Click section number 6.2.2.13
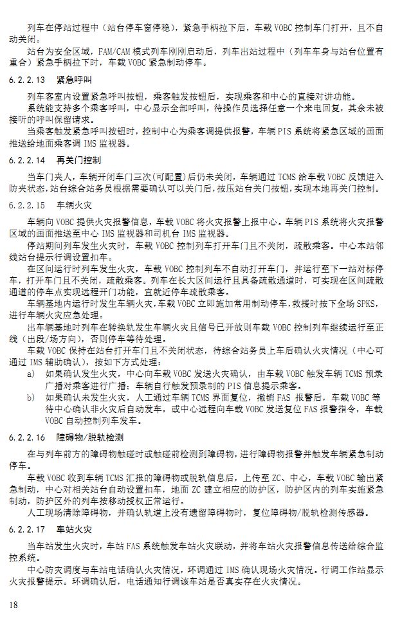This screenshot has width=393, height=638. tap(28, 81)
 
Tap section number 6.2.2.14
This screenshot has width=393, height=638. tap(28, 159)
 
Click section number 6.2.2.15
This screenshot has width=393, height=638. tap(28, 206)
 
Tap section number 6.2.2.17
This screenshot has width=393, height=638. tap(28, 531)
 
